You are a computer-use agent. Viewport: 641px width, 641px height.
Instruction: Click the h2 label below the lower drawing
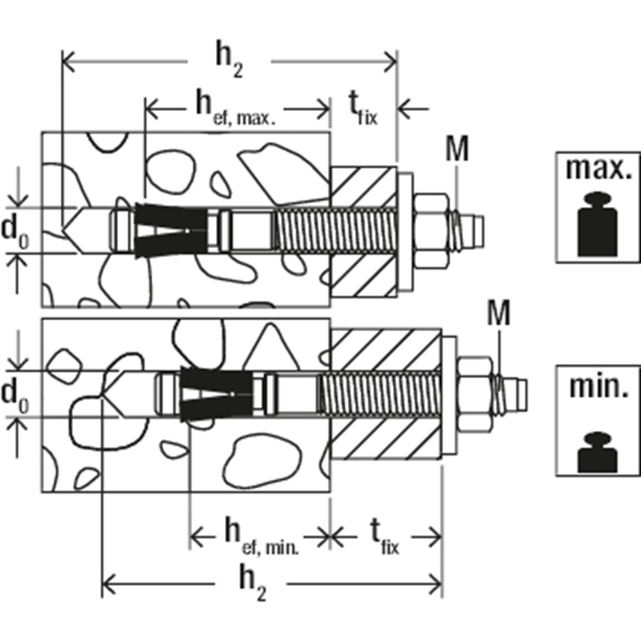coord(252,584)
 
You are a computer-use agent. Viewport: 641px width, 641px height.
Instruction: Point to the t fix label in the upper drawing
coord(363,108)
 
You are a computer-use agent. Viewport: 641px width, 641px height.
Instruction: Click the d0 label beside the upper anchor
coord(15,233)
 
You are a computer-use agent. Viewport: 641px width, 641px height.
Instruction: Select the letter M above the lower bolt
coord(499,313)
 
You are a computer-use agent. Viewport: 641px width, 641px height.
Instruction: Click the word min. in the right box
coord(599,387)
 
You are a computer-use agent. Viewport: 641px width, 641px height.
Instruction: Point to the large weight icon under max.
coord(597,225)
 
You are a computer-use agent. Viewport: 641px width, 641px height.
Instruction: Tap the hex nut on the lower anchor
coord(474,394)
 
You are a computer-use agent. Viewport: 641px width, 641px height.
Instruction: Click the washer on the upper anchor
coord(404,232)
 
